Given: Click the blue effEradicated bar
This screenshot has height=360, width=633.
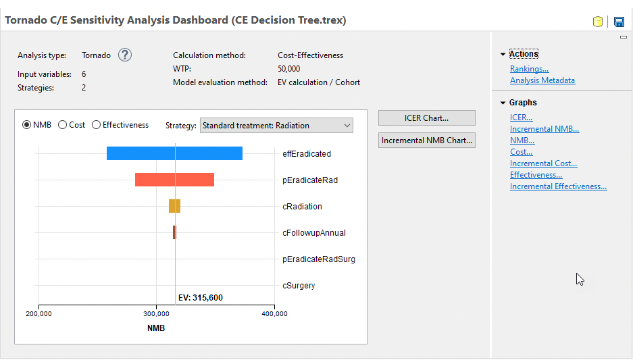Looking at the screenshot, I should [174, 153].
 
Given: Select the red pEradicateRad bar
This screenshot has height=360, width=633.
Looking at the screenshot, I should [174, 180].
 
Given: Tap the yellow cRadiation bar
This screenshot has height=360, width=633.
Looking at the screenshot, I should [174, 206].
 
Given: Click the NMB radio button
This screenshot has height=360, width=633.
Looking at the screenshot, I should [27, 125].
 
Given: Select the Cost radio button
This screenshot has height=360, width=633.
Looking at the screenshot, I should [63, 125].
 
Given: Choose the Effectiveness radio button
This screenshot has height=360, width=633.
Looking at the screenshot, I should [97, 125].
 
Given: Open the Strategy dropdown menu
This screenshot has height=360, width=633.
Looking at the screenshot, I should [276, 126].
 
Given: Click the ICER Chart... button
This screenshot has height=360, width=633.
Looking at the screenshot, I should [426, 118].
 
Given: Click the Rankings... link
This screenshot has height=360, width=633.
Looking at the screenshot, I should [529, 69].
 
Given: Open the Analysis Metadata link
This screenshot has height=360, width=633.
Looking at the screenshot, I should [542, 80].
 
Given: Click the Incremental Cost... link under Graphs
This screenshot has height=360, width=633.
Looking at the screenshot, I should [543, 163].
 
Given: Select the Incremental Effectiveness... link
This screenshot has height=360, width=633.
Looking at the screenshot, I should [558, 186].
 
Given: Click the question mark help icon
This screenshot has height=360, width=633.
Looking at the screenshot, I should [125, 55].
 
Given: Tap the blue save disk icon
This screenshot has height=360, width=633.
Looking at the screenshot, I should [619, 22].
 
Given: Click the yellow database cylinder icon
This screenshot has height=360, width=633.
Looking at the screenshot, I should [598, 22].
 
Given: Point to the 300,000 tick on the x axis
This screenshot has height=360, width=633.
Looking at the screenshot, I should [157, 313].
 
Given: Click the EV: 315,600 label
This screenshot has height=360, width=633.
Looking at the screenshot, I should [200, 297].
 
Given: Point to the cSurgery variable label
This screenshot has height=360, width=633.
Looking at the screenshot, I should [299, 286].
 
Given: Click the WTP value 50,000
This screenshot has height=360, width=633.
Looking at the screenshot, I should [289, 69].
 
